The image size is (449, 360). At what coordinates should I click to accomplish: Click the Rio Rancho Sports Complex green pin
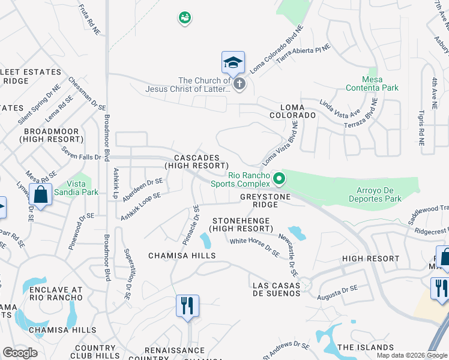279,178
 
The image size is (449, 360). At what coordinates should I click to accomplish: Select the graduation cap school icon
233,62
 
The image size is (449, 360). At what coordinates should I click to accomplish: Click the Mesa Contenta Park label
372,83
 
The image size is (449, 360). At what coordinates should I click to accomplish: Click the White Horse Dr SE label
255,247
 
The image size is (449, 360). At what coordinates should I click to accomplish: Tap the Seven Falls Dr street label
81,157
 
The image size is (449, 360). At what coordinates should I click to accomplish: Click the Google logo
20,353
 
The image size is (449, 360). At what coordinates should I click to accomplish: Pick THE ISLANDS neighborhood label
365,347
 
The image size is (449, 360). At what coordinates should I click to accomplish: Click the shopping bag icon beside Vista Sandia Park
41,196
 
